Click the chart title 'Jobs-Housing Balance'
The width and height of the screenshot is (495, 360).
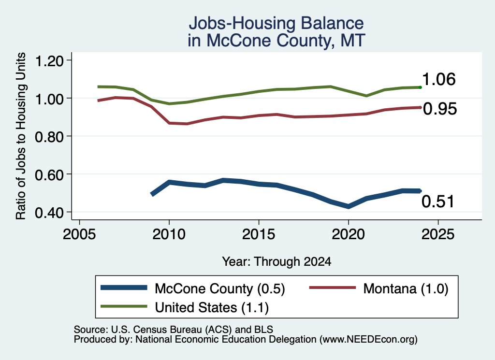pos(276,23)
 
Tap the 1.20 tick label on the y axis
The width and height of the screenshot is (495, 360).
pos(49,61)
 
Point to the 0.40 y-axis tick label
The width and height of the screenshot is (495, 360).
pos(49,213)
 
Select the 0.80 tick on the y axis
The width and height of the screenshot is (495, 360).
pos(49,137)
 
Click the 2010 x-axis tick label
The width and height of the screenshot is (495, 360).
pos(169,234)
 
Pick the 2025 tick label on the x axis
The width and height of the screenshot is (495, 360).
pos(438,234)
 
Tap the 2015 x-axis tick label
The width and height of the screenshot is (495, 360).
pos(259,234)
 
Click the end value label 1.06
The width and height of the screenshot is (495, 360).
pos(439,79)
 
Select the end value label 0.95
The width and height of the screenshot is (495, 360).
pos(440,109)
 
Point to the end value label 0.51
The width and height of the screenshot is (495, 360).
pos(438,202)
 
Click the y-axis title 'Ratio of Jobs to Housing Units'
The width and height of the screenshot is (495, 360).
pos(21,136)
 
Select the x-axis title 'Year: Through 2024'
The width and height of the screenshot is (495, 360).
pos(277,261)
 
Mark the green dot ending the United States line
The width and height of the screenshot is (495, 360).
pos(420,87)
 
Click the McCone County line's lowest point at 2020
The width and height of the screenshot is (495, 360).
pos(348,206)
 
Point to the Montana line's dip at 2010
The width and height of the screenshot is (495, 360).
pos(169,123)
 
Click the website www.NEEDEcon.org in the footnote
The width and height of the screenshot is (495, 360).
pos(368,340)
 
